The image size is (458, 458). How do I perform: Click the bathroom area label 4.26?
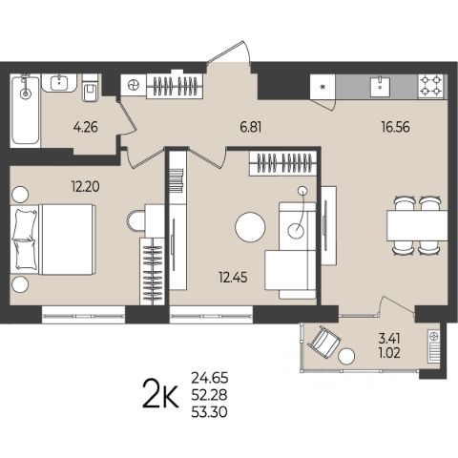(x=85, y=128)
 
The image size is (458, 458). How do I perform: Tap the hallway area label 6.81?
(x=251, y=128)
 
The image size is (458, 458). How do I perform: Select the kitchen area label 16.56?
(x=396, y=127)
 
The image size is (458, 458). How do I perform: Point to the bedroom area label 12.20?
(x=85, y=187)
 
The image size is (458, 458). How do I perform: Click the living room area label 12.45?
(x=233, y=278)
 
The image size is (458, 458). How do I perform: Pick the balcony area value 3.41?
(x=389, y=339)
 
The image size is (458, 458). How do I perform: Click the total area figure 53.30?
(x=209, y=412)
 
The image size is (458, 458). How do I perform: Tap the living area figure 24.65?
(x=210, y=378)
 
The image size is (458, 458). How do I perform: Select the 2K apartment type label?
(x=160, y=394)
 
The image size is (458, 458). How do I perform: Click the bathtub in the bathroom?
(x=25, y=111)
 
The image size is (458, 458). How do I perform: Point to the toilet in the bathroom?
(x=90, y=88)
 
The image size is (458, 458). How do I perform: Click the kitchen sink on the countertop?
(x=380, y=86)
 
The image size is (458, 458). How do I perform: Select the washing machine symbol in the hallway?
(x=134, y=85)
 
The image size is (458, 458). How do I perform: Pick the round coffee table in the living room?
(x=250, y=227)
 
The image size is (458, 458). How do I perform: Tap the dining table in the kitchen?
(x=417, y=225)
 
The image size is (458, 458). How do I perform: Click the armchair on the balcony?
(x=323, y=342)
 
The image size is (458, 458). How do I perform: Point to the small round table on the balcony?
(x=346, y=357)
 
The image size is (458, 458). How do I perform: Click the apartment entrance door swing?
(x=229, y=52)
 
